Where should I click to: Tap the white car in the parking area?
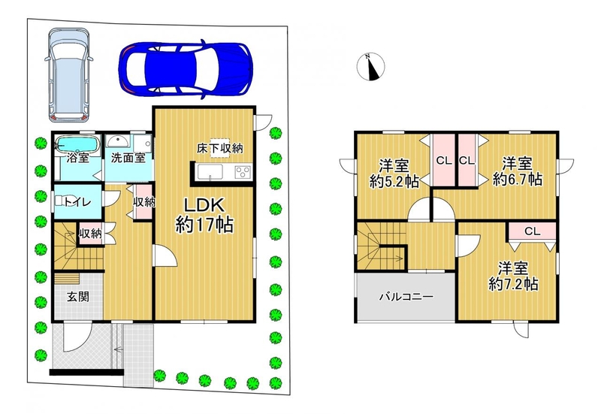click(69, 74)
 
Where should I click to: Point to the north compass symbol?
click(370, 67)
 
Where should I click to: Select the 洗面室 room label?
click(128, 158)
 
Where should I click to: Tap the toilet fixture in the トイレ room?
click(62, 201)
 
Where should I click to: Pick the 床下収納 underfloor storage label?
click(220, 148)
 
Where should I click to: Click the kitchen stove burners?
click(243, 172)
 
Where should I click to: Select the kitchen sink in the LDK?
click(210, 172)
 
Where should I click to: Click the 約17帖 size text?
click(204, 225)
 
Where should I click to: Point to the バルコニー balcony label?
click(406, 297)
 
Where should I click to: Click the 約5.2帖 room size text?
click(394, 181)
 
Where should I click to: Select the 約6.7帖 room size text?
click(518, 179)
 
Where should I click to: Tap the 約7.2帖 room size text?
click(513, 284)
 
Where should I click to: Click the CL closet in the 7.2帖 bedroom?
click(533, 231)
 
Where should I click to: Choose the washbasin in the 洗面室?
click(118, 141)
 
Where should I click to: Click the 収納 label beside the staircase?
click(90, 233)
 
